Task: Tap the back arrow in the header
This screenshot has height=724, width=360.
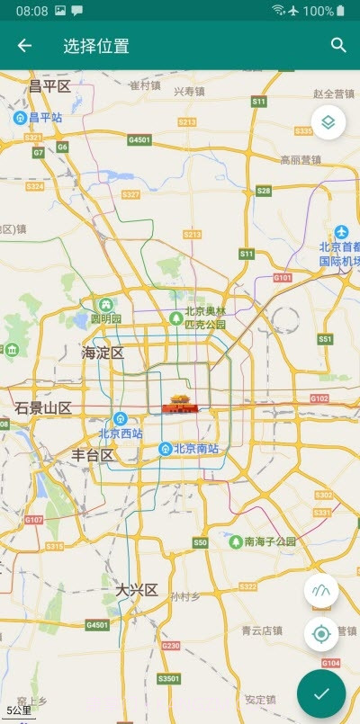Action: click(x=24, y=46)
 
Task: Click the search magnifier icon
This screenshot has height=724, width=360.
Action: click(x=338, y=46)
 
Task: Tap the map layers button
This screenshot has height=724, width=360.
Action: click(x=328, y=122)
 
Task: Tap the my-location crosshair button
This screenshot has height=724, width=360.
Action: click(x=321, y=635)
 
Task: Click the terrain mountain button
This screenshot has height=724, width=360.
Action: click(x=321, y=591)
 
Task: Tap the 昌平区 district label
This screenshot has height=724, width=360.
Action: click(x=49, y=86)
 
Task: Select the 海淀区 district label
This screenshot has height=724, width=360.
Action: click(x=103, y=353)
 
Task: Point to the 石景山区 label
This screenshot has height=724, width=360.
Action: click(x=43, y=408)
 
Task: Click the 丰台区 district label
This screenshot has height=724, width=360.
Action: click(x=93, y=455)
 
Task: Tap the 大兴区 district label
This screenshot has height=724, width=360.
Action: click(x=136, y=590)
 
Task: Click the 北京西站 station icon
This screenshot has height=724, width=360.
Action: click(x=120, y=418)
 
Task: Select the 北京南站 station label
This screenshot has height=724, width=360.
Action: click(x=196, y=449)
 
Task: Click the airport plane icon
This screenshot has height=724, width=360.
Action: click(x=341, y=232)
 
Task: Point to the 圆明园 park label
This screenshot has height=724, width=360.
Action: click(x=106, y=318)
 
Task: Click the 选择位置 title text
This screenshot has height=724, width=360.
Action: click(x=96, y=46)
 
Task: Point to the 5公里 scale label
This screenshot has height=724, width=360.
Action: click(x=18, y=711)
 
